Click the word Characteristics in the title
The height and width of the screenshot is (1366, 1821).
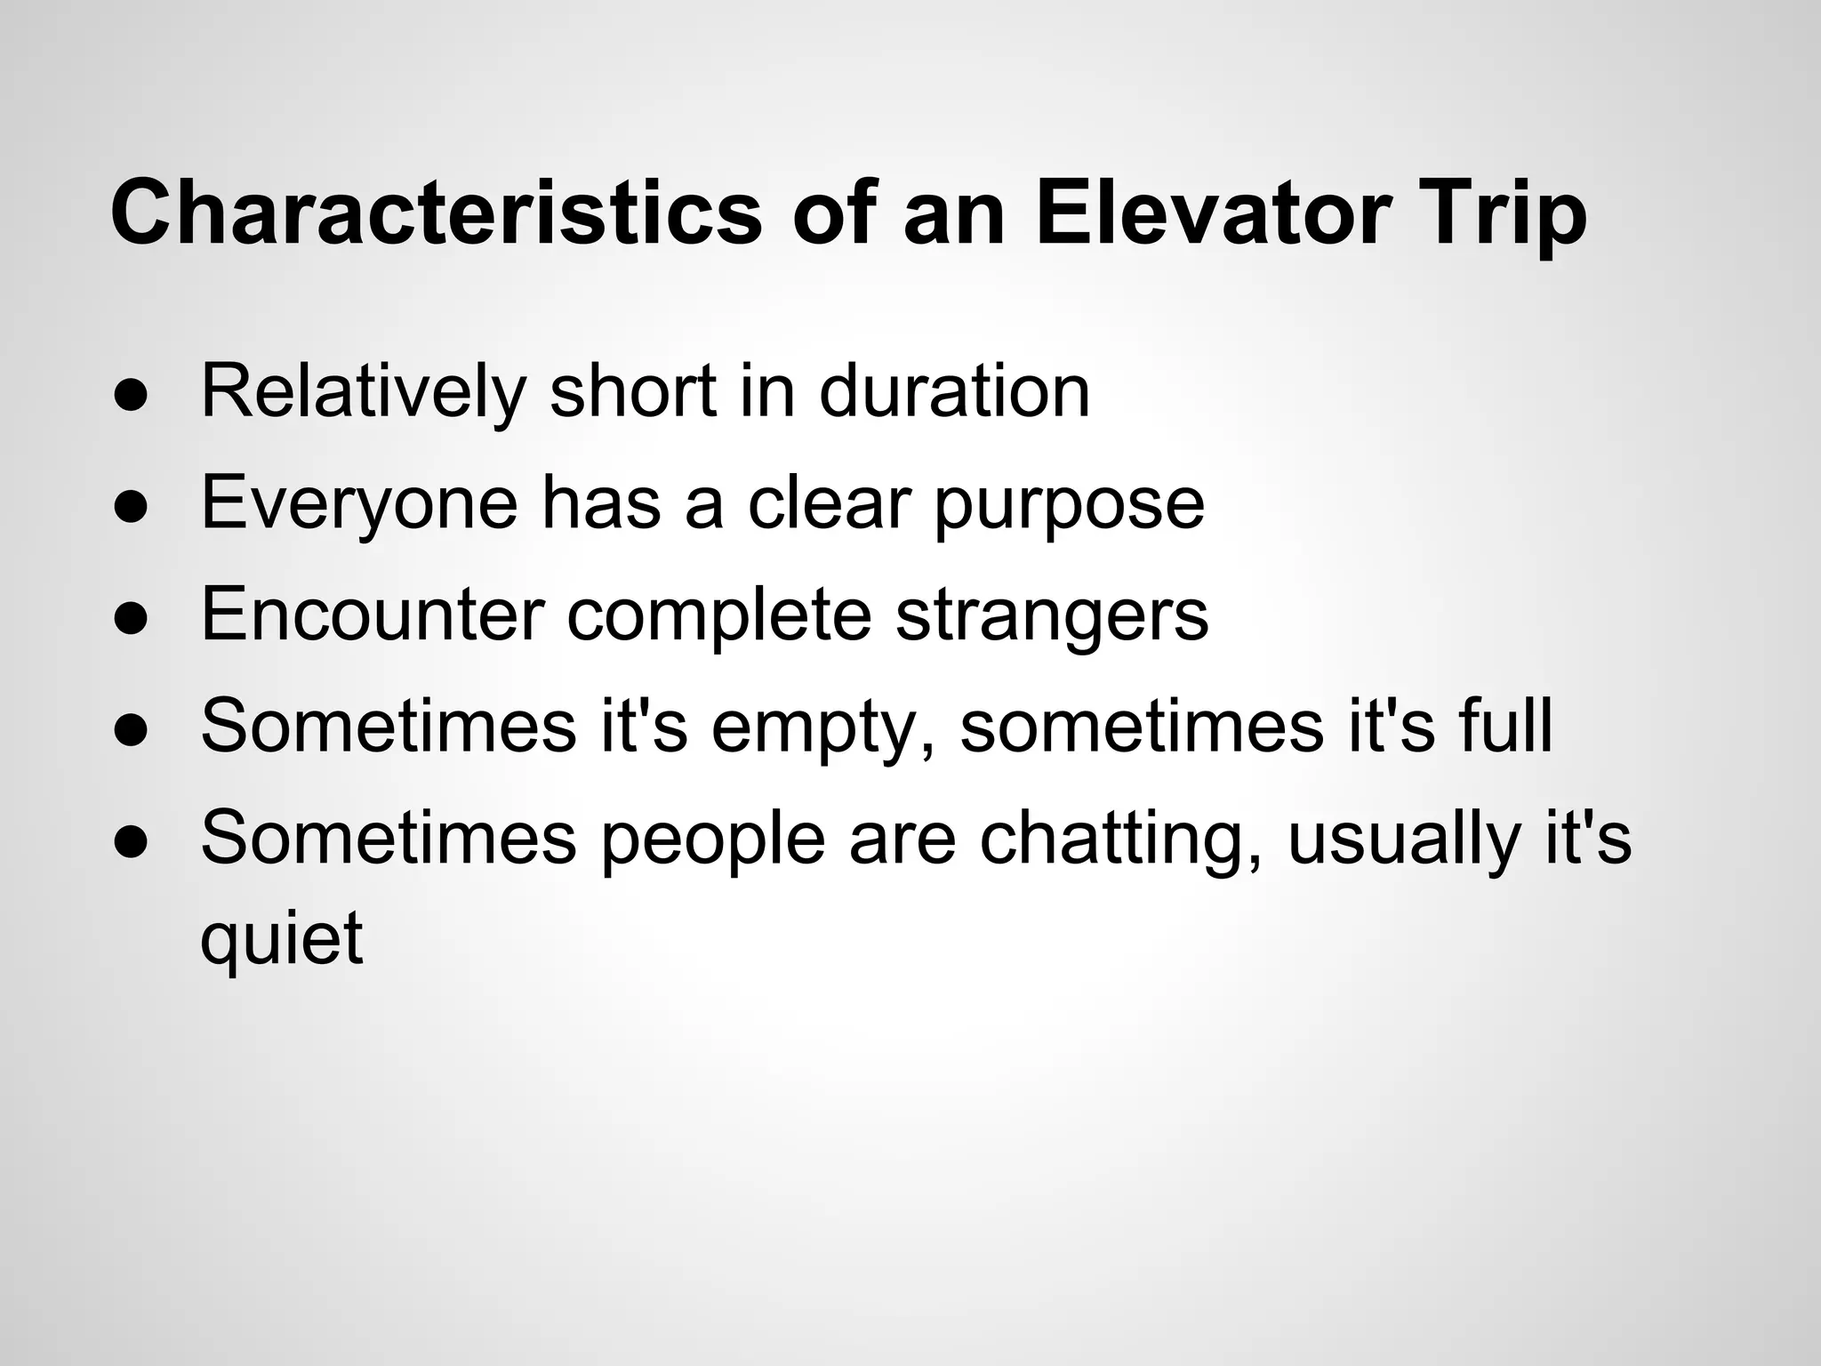[436, 213]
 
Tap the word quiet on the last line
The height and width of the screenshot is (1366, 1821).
[282, 939]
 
